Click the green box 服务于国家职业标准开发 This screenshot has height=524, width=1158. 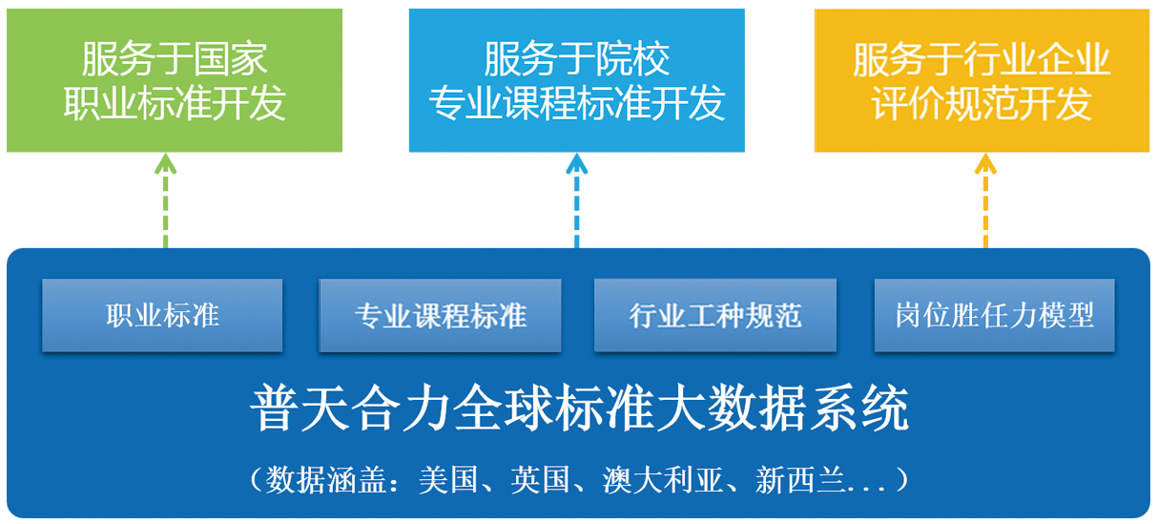click(175, 80)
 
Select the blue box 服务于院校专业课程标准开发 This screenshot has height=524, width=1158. click(576, 80)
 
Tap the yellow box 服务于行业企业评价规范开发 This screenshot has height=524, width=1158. click(982, 80)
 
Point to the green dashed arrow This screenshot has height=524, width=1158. click(165, 200)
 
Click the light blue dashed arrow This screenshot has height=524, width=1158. click(576, 200)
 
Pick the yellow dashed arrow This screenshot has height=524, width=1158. click(985, 200)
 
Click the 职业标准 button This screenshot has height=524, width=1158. click(162, 315)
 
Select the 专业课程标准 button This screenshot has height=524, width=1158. click(440, 315)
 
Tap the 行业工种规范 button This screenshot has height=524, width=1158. click(715, 315)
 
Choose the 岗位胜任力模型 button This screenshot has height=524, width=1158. click(995, 315)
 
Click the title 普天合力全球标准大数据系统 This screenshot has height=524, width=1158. click(579, 409)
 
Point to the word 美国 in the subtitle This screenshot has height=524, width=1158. click(447, 479)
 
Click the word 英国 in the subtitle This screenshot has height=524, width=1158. click(540, 479)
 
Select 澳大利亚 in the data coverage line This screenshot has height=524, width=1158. click(662, 479)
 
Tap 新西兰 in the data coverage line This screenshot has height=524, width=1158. click(800, 479)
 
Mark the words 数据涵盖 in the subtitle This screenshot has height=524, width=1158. click(325, 479)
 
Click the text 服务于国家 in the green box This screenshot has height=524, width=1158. click(175, 59)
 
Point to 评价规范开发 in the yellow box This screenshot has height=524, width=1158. click(982, 103)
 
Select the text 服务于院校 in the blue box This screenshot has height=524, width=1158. click(576, 59)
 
